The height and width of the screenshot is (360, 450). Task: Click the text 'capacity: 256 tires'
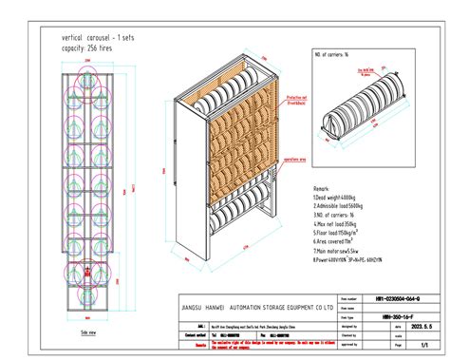(x=70, y=45)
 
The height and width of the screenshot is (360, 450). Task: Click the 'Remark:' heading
(x=324, y=190)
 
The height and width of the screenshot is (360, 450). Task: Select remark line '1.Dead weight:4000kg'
(x=335, y=199)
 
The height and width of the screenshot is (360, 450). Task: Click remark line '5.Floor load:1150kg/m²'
(x=338, y=233)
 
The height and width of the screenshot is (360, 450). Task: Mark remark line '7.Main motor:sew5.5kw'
(x=338, y=250)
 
